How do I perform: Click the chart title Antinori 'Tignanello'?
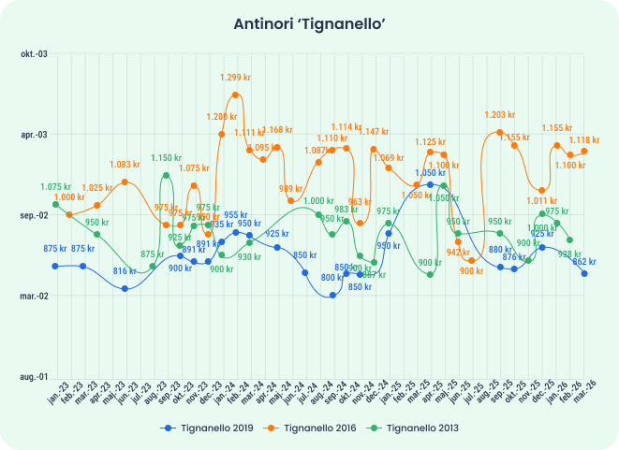point(309,25)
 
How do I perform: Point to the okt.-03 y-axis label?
point(33,54)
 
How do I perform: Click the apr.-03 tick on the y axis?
point(33,135)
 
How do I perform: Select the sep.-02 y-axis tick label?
point(33,215)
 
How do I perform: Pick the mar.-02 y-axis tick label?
point(33,296)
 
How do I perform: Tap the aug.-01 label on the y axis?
point(33,376)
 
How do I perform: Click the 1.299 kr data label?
point(236,78)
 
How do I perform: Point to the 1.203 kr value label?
point(500,115)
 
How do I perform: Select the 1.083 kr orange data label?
point(125,165)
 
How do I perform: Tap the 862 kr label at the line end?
point(584,261)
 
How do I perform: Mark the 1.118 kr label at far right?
point(584,139)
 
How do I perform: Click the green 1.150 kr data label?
point(167,158)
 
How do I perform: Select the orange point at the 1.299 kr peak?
point(236,94)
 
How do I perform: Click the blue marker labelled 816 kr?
point(125,288)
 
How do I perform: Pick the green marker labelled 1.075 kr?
point(56,204)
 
